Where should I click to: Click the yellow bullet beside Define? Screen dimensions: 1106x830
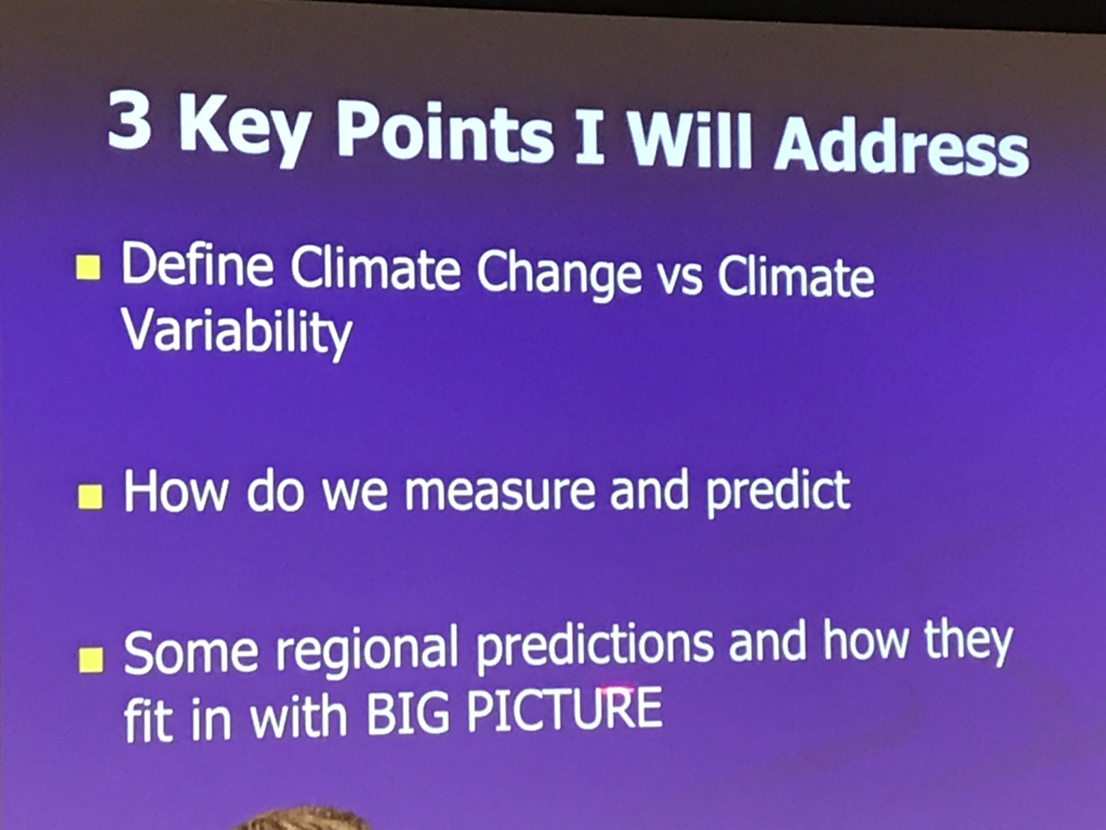pyautogui.click(x=88, y=269)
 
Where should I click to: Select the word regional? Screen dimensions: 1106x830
pyautogui.click(x=367, y=651)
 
